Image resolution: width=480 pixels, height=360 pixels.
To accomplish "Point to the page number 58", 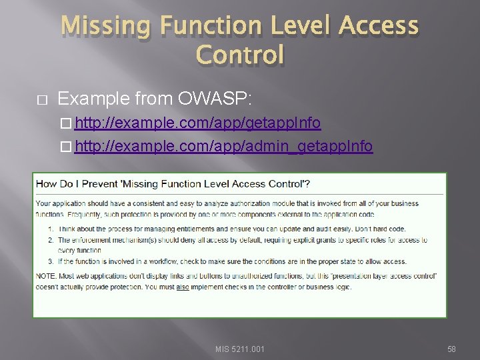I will [x=451, y=349].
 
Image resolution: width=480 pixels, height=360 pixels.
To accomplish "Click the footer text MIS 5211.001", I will [x=240, y=349].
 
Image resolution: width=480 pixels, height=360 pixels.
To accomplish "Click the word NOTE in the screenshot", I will [x=45, y=277].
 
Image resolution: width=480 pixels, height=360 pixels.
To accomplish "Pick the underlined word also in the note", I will [x=184, y=287].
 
